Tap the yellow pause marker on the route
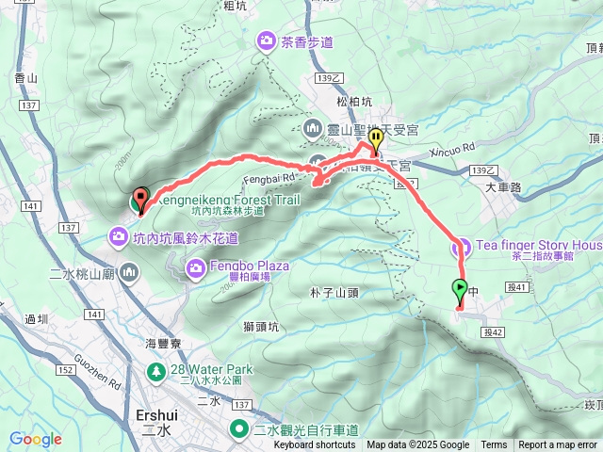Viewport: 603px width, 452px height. coord(376,141)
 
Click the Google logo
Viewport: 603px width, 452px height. coord(35,439)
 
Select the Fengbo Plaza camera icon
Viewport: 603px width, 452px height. coord(196,271)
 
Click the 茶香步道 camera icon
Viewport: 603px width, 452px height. coord(267,40)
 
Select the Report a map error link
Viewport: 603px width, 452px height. coord(557,445)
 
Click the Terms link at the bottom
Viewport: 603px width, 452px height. coord(494,445)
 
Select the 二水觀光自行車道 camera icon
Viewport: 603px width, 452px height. coord(241,430)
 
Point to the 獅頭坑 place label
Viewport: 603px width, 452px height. coord(261,327)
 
